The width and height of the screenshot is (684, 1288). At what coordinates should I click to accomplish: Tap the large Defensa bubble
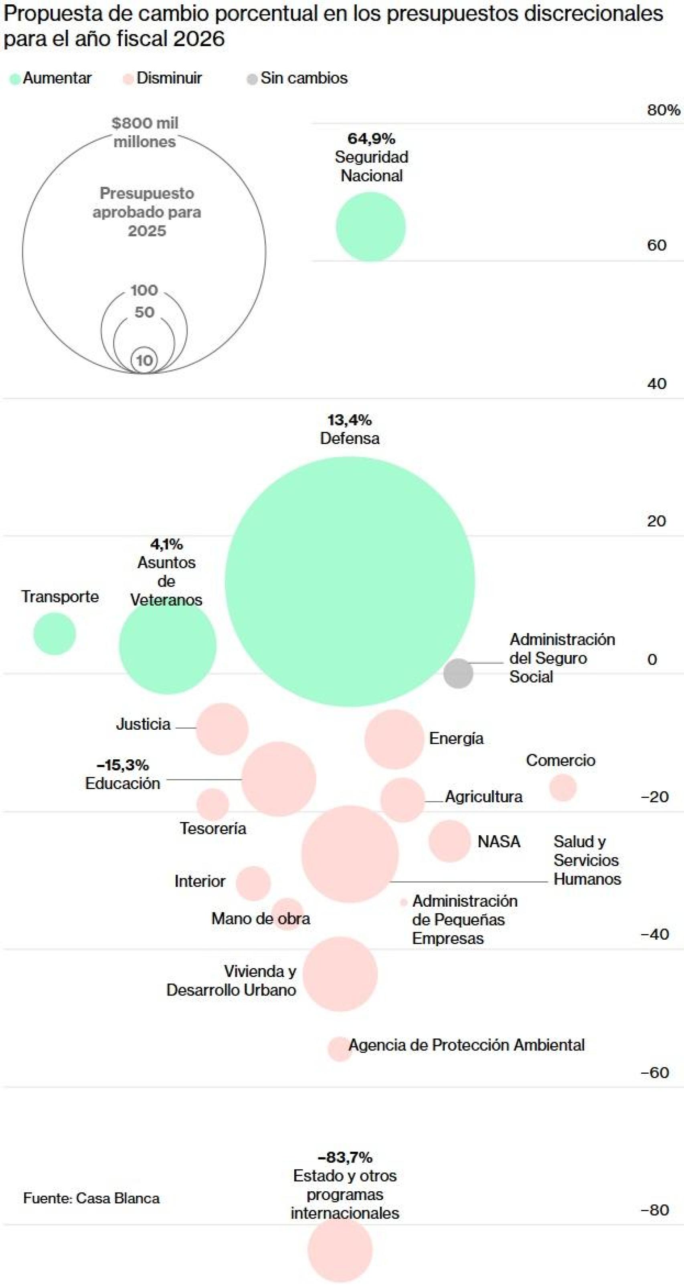pos(350,581)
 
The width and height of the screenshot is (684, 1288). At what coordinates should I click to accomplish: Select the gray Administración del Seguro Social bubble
pos(458,673)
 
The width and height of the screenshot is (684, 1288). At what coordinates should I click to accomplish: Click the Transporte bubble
pos(55,633)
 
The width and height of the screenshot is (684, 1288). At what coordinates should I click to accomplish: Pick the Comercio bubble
pos(563,787)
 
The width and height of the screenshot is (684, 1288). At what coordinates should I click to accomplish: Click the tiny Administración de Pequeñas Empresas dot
pos(404,903)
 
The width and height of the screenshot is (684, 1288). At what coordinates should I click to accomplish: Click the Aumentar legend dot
pos(15,79)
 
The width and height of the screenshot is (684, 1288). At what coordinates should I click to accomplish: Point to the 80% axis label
pos(663,110)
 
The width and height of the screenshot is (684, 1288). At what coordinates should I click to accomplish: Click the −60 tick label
pos(654,1072)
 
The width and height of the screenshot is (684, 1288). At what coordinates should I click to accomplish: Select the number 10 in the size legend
pos(144,360)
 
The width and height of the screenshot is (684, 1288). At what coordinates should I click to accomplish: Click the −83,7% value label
pos(345,1157)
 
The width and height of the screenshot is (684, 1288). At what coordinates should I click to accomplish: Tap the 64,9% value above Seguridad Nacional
pos(371,138)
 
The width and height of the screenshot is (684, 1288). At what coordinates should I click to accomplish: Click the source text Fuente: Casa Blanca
pos(91,1198)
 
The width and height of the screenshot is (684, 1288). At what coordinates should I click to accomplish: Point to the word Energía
pos(456,739)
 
